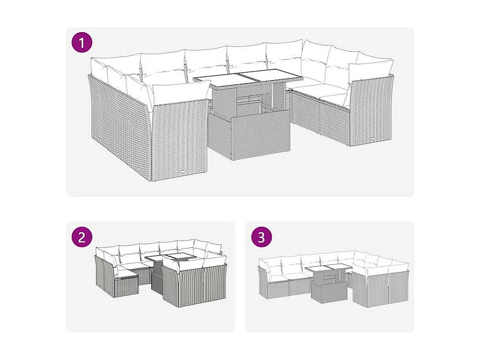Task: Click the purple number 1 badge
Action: point(82,42)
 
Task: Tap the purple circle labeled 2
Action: point(82,237)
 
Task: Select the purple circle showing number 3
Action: point(261,237)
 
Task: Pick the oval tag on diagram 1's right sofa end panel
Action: point(375,139)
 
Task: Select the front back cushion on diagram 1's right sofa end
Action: point(370,73)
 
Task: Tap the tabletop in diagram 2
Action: point(170,257)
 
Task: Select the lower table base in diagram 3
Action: point(328,292)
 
